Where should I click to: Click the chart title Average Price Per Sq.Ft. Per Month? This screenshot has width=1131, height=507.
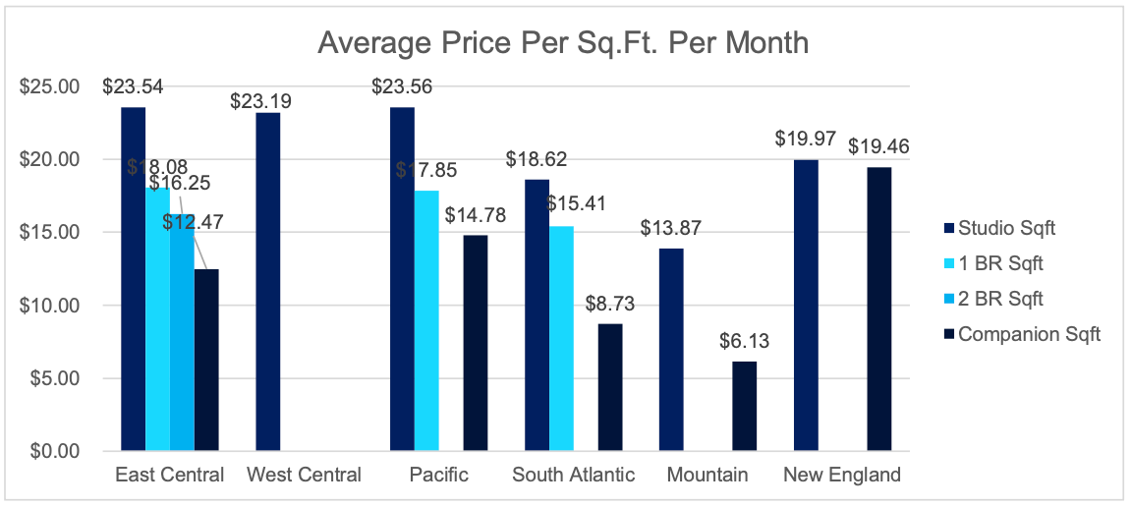563,43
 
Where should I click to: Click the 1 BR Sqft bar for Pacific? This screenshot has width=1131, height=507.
426,320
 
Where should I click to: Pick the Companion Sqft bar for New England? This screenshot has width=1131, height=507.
879,309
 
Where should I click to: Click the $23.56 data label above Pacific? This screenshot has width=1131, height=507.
402,86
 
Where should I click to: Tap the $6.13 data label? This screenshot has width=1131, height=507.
745,341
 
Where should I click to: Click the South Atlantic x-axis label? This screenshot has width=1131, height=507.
573,476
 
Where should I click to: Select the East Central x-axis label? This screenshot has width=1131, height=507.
169,476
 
